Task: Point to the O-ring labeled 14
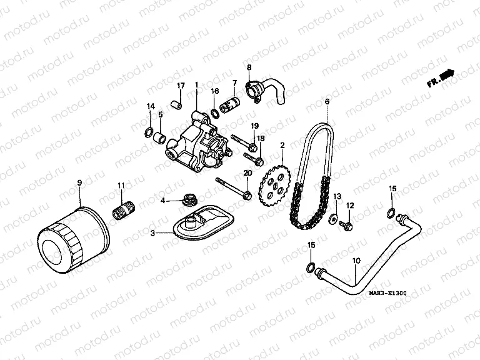(x=149, y=131)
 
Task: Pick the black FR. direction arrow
(x=446, y=76)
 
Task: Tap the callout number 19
(x=254, y=126)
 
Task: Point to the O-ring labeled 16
(x=215, y=112)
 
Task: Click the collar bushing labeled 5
(x=161, y=136)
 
